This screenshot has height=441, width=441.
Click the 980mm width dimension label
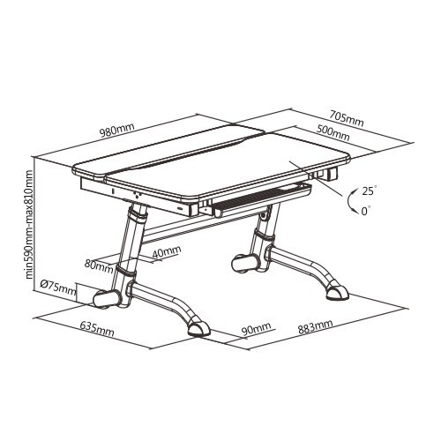(116, 131)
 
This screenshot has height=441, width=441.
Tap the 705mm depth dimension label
(346, 118)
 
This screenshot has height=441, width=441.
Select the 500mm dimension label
(333, 132)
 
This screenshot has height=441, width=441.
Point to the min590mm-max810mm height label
(30, 224)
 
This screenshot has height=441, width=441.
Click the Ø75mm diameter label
(58, 288)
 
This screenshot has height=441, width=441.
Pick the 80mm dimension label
(99, 265)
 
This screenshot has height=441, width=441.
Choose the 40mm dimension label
(167, 252)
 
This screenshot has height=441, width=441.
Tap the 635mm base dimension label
(97, 329)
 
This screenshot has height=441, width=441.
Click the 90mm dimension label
(256, 329)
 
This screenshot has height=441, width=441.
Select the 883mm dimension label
(316, 326)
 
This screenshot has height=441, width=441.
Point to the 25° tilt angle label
(369, 191)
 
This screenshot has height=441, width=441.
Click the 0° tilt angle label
(366, 211)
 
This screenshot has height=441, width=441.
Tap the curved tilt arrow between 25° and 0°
(348, 201)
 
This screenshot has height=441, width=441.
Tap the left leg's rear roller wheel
(107, 300)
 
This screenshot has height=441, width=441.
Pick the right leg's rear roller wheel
(246, 264)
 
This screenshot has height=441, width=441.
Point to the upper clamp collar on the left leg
(138, 216)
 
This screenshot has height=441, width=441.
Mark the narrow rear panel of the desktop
(168, 151)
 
